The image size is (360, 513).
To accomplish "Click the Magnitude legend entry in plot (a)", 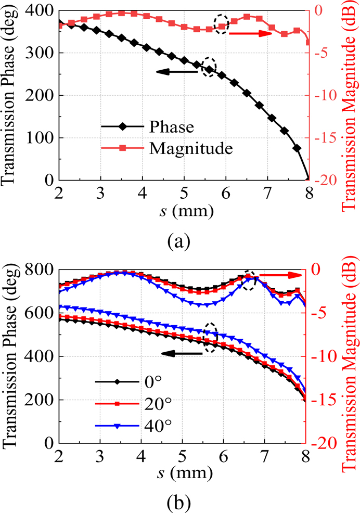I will click(190, 148).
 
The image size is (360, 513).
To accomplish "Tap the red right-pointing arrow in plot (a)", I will click(250, 34).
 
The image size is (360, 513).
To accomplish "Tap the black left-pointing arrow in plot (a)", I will click(177, 72).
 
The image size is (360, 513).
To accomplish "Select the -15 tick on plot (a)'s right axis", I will click(324, 138).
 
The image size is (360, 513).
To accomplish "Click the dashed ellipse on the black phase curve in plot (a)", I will click(209, 67).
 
